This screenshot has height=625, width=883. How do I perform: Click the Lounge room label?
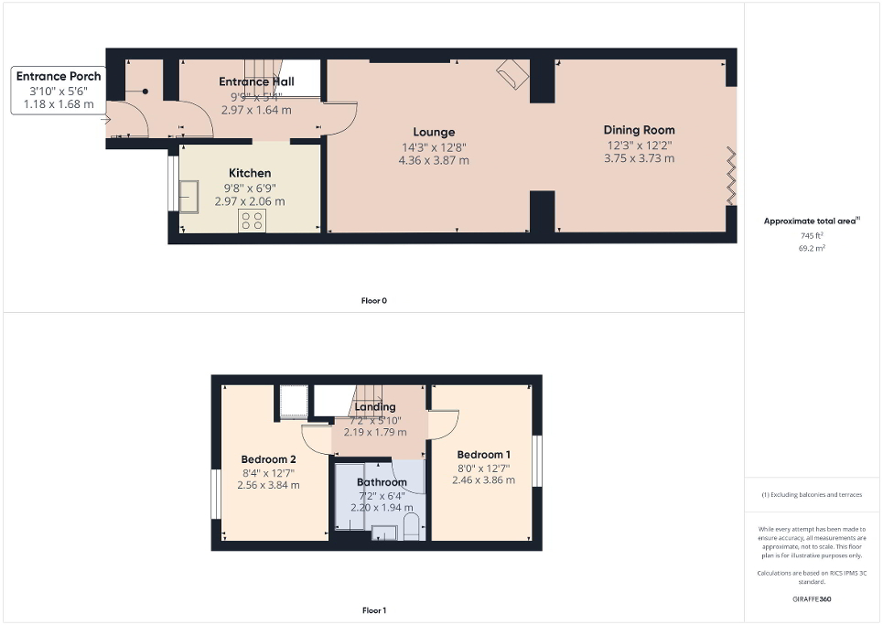coord(434,132)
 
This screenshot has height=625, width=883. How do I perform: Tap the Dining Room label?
coord(639,130)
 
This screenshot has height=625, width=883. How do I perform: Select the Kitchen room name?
coord(250,173)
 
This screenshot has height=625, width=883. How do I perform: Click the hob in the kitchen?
coord(251,221)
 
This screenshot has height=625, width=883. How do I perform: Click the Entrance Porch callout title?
coord(59,76)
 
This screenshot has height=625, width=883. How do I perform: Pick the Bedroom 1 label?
coord(484,455)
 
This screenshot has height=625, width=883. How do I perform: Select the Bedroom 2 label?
coord(268,459)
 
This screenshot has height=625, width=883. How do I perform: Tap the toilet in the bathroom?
coord(411,527)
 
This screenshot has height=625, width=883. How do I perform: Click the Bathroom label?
coord(382,482)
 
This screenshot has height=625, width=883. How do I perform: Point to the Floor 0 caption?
coord(374,300)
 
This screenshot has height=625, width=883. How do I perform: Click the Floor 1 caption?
coord(374,609)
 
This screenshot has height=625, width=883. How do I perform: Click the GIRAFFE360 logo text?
coord(813,599)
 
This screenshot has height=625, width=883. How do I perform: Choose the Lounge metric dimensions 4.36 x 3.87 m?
coord(434,160)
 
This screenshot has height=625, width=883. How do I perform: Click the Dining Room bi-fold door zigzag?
coord(729,174)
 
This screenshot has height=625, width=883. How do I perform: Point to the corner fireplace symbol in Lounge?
coord(513,75)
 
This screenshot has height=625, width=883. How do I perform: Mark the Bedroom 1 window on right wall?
coord(537,461)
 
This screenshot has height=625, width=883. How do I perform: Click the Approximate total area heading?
coord(811,221)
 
